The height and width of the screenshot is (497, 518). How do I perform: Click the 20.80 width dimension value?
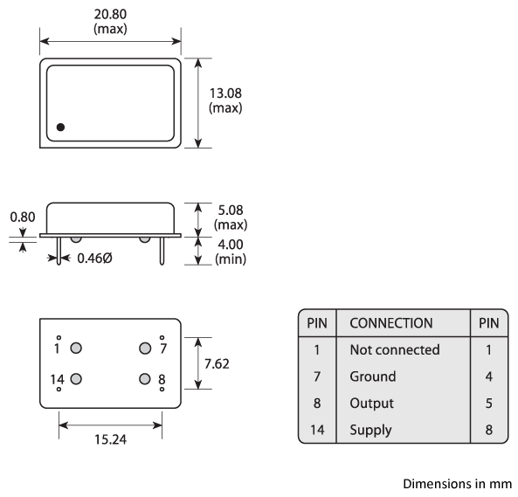(110, 15)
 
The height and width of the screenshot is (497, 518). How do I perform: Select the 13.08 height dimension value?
(225, 93)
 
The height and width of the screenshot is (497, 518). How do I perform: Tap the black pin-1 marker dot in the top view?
(60, 127)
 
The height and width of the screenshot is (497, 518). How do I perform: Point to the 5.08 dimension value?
(231, 210)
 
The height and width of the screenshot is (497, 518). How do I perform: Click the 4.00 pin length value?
(231, 245)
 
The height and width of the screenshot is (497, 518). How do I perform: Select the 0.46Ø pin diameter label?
(94, 259)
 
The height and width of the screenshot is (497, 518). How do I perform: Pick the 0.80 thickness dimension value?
(23, 217)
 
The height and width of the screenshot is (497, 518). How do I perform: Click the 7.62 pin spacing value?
(217, 363)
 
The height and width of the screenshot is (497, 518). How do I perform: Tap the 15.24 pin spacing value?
(110, 439)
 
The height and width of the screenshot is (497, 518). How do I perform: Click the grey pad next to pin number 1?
(76, 348)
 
